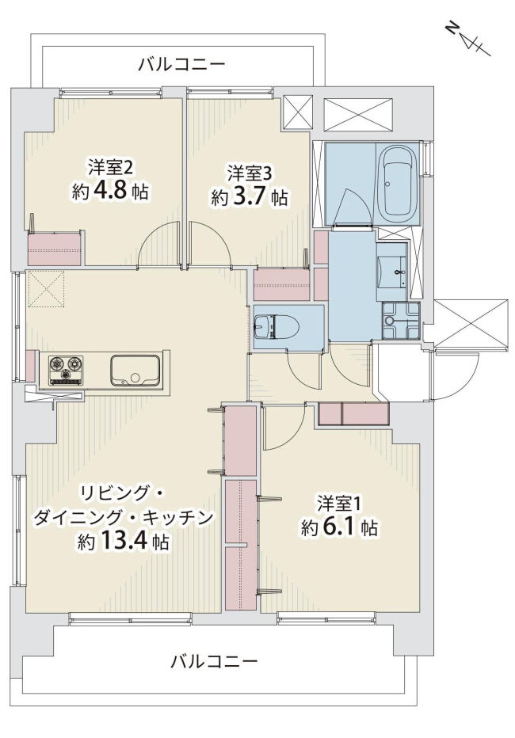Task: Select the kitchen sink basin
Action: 135,370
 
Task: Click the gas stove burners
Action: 67,369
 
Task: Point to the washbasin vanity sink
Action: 392,272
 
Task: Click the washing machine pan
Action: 401,321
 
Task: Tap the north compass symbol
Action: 468,40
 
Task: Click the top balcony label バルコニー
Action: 181,64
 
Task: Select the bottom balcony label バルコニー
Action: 214,662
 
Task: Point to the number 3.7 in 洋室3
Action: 249,197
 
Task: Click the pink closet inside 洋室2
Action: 55,248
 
